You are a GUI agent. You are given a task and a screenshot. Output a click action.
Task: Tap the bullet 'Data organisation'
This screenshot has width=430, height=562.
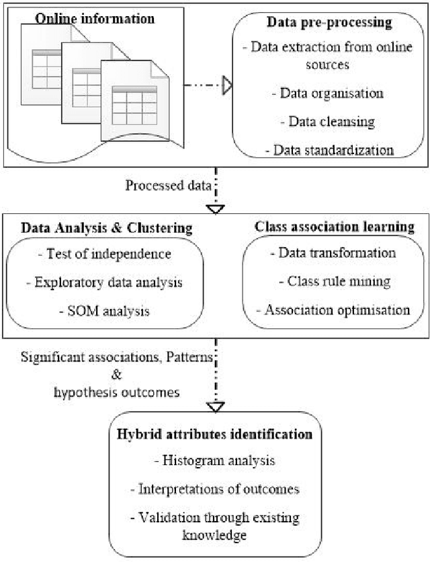tap(328, 93)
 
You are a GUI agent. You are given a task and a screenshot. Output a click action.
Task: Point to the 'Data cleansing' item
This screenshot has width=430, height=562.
tap(327, 121)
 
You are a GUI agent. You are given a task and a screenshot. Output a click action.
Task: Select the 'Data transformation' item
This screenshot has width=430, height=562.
tap(335, 254)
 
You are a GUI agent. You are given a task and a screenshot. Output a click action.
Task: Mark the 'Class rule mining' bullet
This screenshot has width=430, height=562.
tap(334, 281)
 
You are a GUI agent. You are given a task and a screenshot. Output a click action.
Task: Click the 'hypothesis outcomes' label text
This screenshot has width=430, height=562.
tap(118, 392)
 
